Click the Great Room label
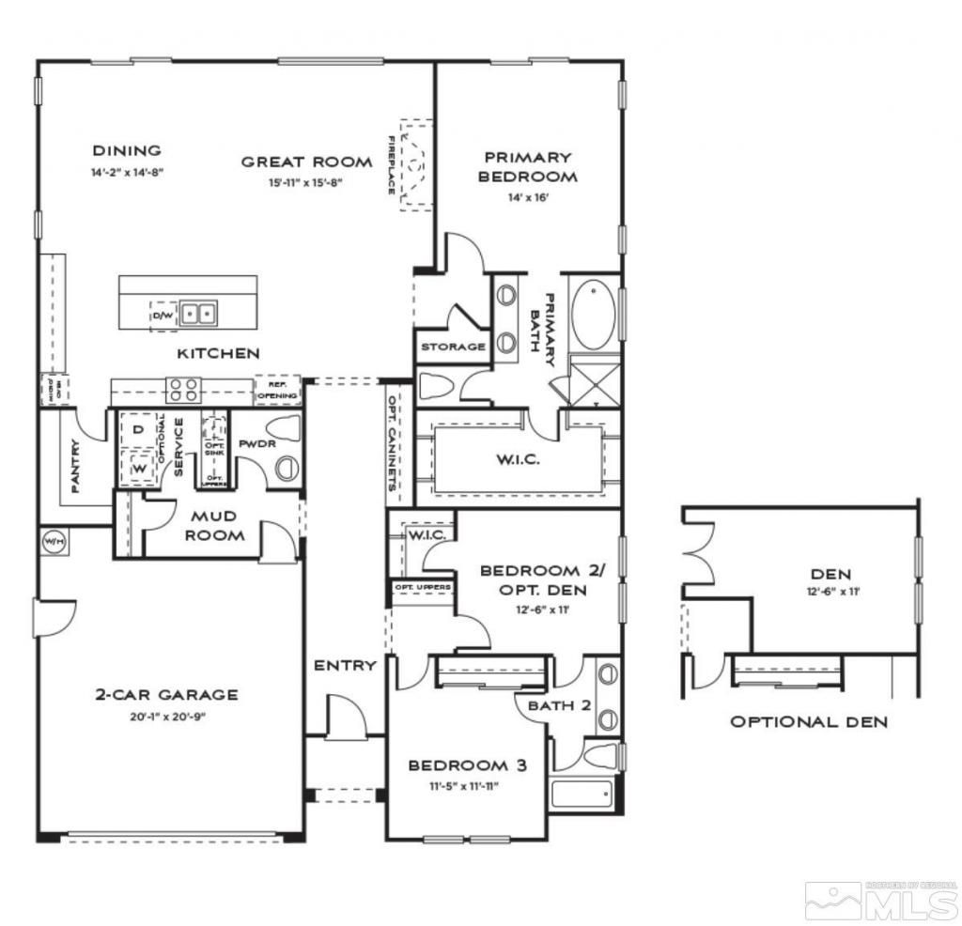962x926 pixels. click(x=306, y=162)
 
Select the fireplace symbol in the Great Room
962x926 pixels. click(x=414, y=164)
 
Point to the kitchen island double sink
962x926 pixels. click(x=198, y=312)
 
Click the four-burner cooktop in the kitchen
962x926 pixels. click(x=182, y=389)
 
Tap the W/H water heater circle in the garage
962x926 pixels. click(x=51, y=541)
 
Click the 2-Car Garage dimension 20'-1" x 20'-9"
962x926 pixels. click(x=165, y=717)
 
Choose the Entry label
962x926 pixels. click(x=345, y=665)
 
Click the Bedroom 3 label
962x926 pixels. click(x=467, y=765)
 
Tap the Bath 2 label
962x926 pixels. click(x=559, y=704)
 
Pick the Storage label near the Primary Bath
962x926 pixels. click(x=452, y=347)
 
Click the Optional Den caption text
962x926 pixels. click(x=809, y=721)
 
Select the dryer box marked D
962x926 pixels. click(x=137, y=430)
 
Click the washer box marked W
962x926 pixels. click(x=137, y=467)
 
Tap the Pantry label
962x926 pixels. click(x=74, y=467)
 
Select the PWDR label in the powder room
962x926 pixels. click(x=256, y=443)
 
